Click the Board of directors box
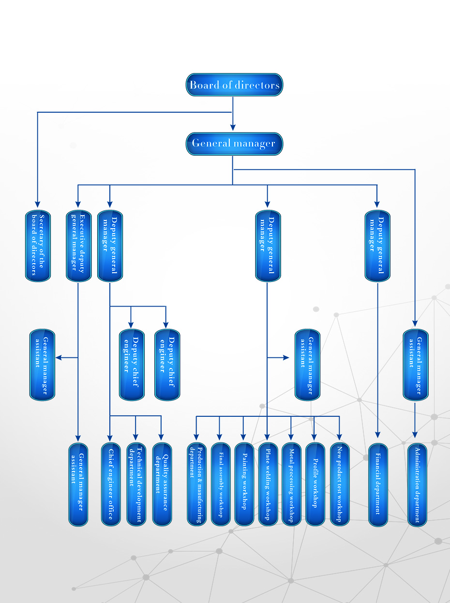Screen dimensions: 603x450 pyautogui.click(x=234, y=85)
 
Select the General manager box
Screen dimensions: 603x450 pyautogui.click(x=234, y=144)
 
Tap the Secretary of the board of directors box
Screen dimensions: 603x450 pyautogui.click(x=38, y=246)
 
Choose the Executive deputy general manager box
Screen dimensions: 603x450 pyautogui.click(x=78, y=246)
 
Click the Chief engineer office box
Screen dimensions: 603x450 pyautogui.click(x=110, y=484)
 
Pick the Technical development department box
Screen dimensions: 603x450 pyautogui.click(x=136, y=484)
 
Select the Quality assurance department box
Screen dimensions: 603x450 pyautogui.click(x=162, y=484)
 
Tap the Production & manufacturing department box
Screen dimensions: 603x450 pyautogui.click(x=196, y=484)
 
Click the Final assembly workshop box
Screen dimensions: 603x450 pyautogui.click(x=220, y=484)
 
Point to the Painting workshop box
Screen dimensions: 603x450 pyautogui.click(x=244, y=484)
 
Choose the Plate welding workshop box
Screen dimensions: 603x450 pyautogui.click(x=268, y=484)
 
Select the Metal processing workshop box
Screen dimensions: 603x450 pyautogui.click(x=291, y=484)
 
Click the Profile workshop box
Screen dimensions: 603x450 pyautogui.click(x=315, y=484)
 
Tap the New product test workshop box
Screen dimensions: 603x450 pyautogui.click(x=339, y=484)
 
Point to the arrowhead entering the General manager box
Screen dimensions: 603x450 pyautogui.click(x=233, y=128)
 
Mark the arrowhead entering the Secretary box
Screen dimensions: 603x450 pyautogui.click(x=38, y=205)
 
